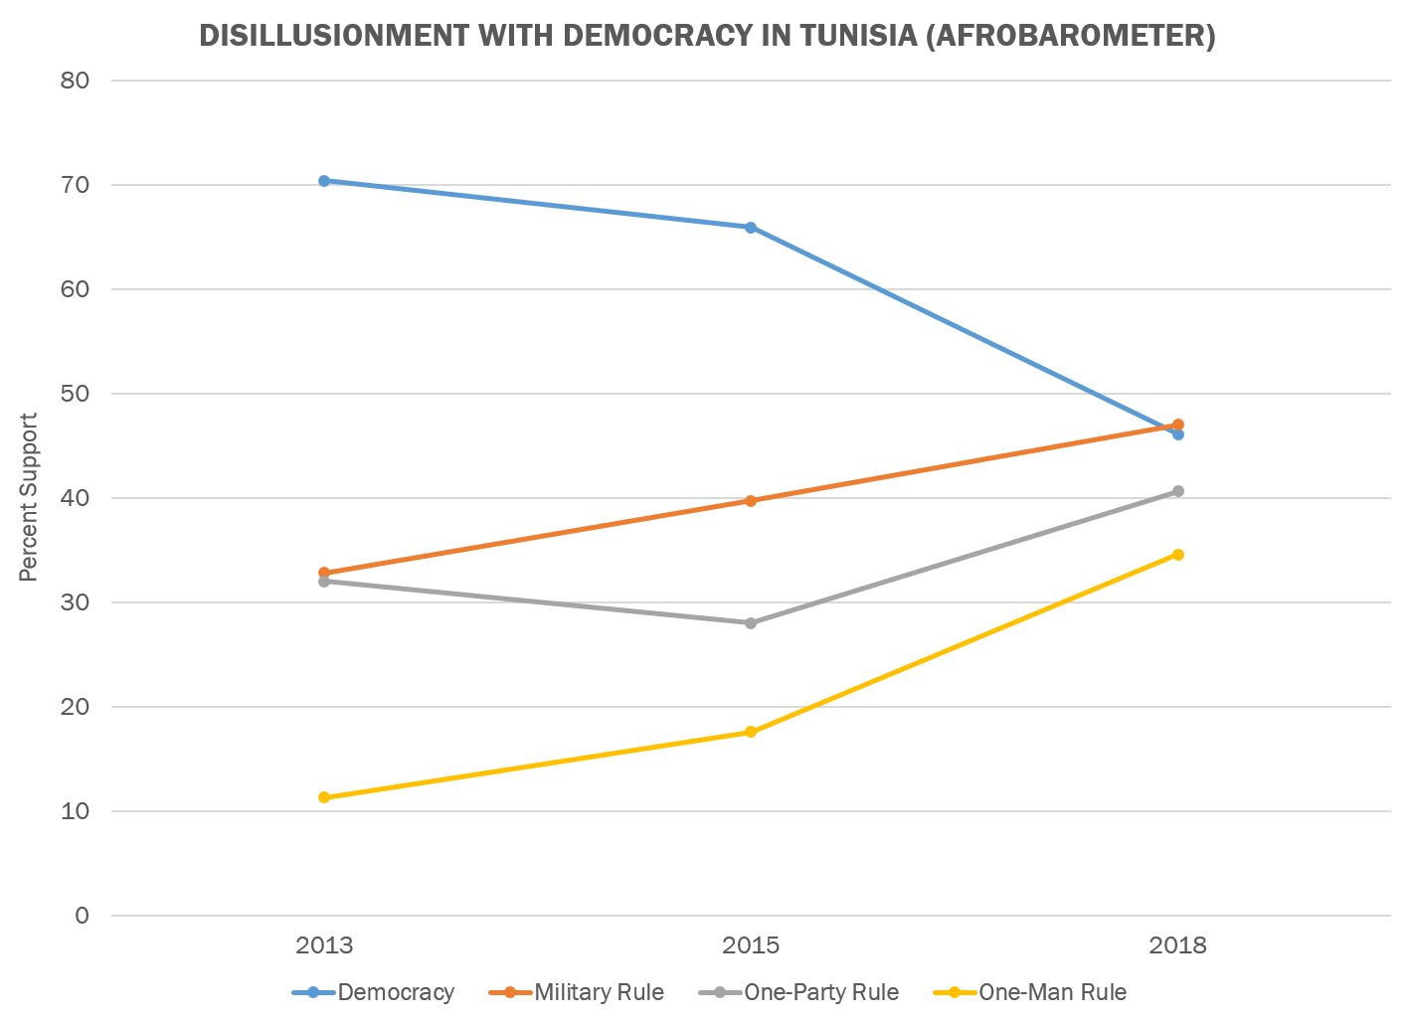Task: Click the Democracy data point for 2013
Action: [324, 181]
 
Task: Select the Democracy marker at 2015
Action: [751, 228]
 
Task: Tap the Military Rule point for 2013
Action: [324, 573]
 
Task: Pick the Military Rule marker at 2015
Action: [751, 501]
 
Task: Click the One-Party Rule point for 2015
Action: [751, 623]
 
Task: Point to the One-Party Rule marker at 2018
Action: [1178, 491]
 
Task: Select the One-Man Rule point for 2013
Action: [324, 797]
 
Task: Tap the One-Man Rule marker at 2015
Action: [751, 732]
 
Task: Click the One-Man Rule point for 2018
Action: [1178, 555]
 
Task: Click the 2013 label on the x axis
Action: [324, 944]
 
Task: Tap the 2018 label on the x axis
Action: [1178, 944]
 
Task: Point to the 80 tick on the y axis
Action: [76, 81]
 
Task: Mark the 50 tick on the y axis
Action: [76, 394]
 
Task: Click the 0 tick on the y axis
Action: [82, 916]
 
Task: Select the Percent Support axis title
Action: [29, 497]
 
